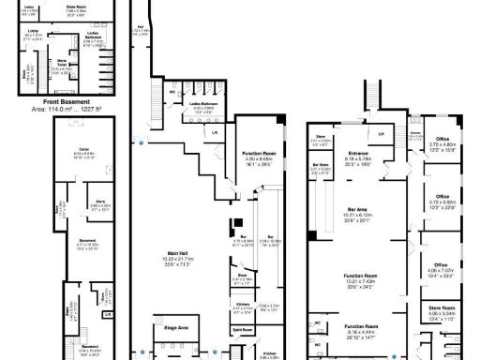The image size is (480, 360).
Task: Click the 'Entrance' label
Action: click(360, 153)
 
